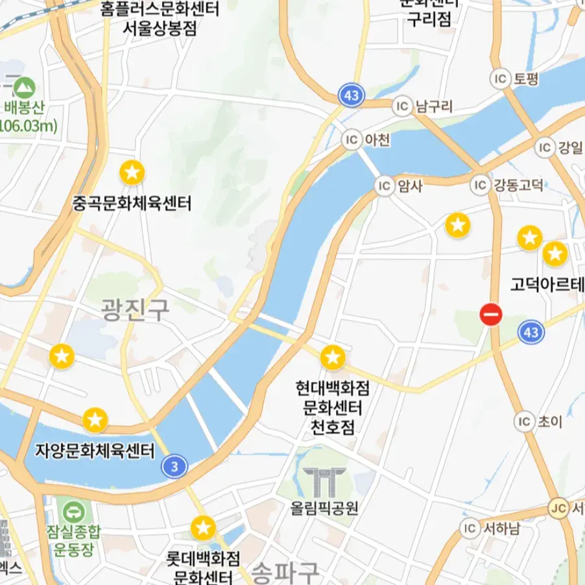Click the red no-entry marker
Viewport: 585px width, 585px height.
[x=491, y=315]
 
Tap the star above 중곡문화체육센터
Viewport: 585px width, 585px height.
[x=132, y=173]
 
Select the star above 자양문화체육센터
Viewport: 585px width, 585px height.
[x=95, y=420]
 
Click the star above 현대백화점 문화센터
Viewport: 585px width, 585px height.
[x=333, y=357]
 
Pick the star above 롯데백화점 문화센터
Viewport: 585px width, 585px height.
[x=203, y=528]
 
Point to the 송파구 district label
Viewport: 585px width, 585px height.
[x=285, y=572]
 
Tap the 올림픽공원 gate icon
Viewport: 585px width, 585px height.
[x=325, y=482]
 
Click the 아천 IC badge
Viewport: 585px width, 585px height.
[x=352, y=139]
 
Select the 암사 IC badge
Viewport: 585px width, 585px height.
[x=385, y=186]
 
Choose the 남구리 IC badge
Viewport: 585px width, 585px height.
[x=403, y=105]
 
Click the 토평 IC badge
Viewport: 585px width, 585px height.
[x=500, y=79]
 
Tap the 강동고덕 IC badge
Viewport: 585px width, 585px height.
[x=480, y=185]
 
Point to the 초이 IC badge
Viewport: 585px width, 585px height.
[x=524, y=422]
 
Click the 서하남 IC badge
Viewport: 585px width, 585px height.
[x=470, y=528]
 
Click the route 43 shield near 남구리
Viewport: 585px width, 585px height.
[x=351, y=97]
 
